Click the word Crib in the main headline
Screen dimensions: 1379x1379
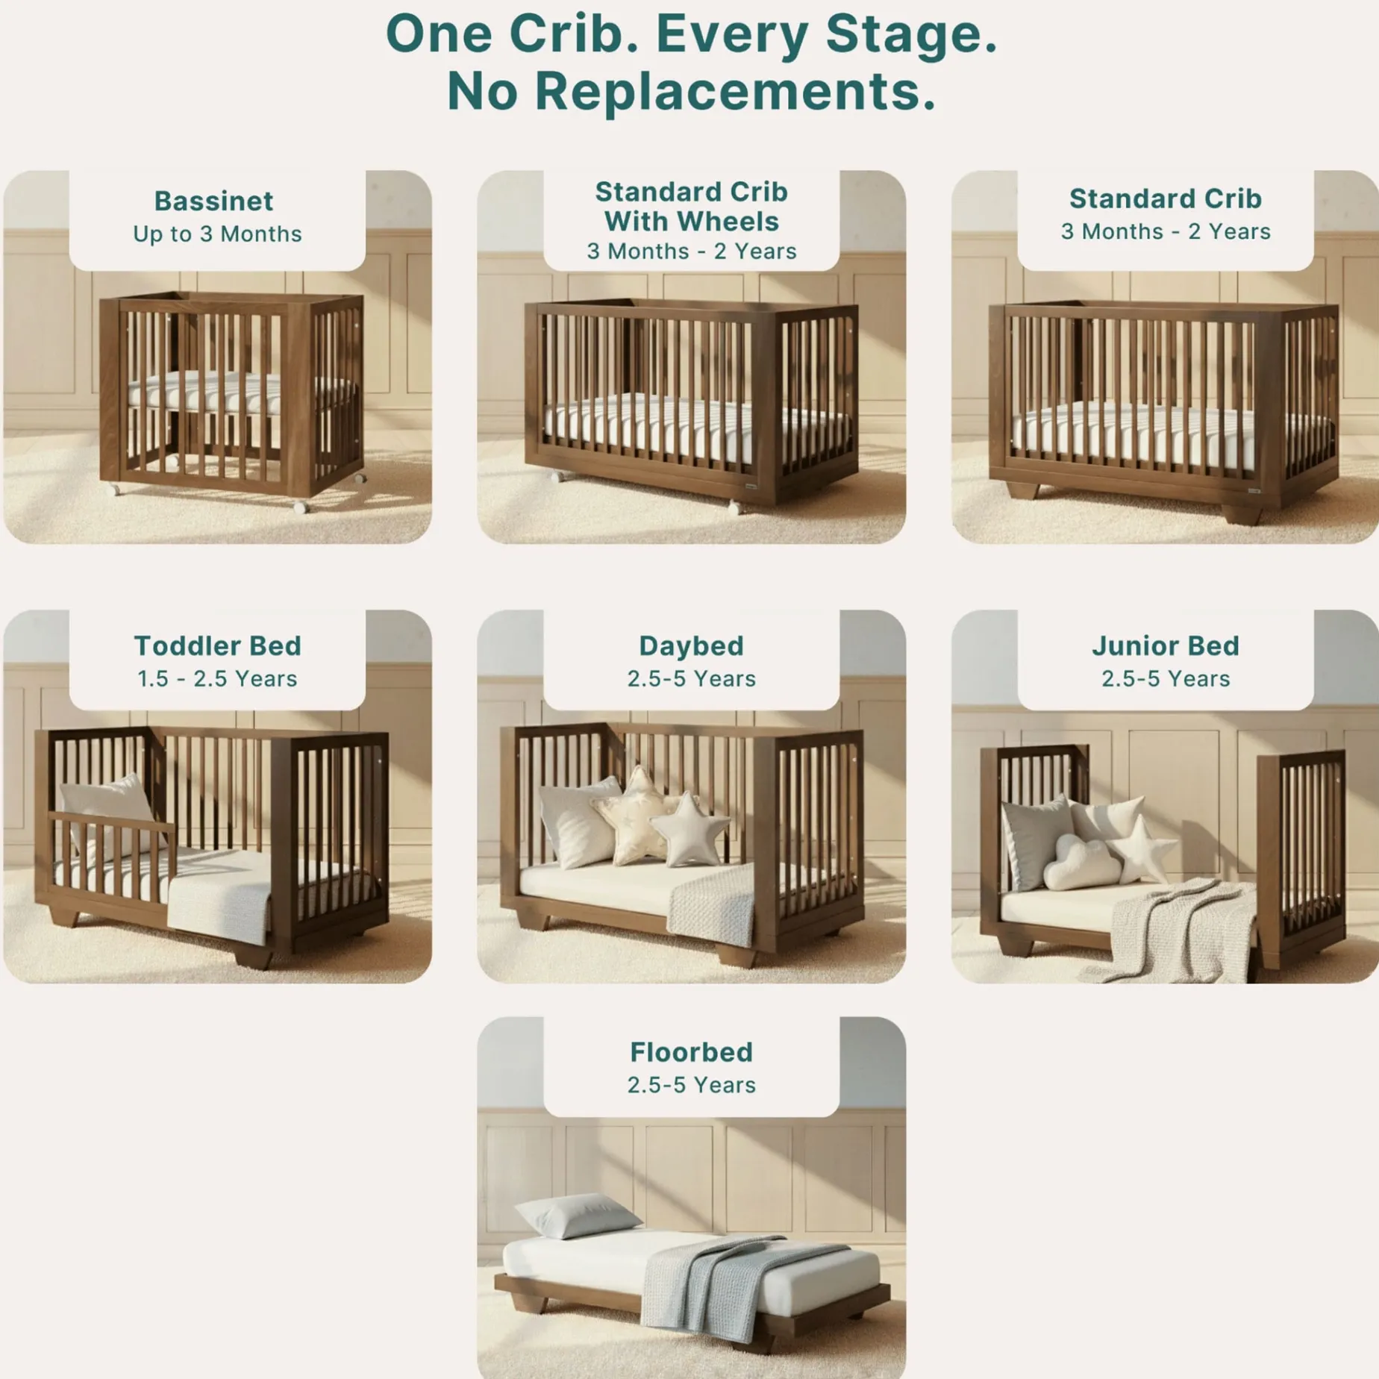click(574, 34)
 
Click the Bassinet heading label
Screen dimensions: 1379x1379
click(214, 201)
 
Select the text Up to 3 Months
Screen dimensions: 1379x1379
click(217, 234)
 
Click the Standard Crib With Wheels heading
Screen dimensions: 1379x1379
click(691, 207)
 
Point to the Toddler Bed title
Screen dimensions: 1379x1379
click(217, 645)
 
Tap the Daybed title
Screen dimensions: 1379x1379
click(691, 646)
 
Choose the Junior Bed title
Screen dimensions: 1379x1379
click(1166, 645)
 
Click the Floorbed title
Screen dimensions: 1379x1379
click(691, 1052)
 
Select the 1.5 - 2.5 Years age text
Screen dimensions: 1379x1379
click(217, 678)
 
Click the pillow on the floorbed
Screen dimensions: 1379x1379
click(577, 1215)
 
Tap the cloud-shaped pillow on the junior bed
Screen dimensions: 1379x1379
click(1081, 863)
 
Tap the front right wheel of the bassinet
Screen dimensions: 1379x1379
click(300, 507)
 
